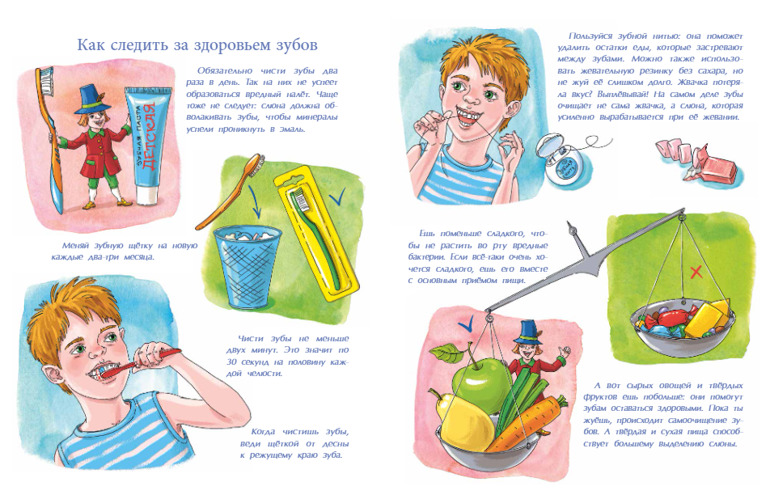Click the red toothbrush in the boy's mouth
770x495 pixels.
click(x=140, y=363)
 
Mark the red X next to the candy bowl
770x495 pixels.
click(x=696, y=273)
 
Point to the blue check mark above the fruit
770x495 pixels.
click(x=465, y=324)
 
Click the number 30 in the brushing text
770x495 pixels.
click(x=234, y=362)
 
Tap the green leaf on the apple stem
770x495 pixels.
click(x=447, y=352)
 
